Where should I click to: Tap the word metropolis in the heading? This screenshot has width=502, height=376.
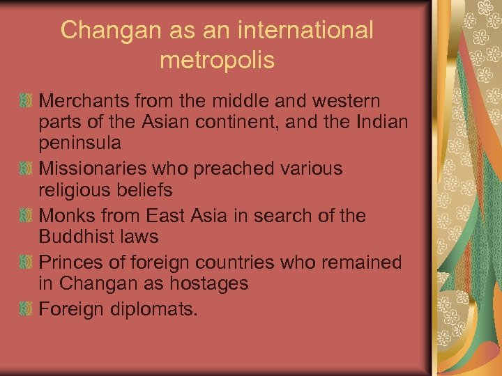point(217,61)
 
